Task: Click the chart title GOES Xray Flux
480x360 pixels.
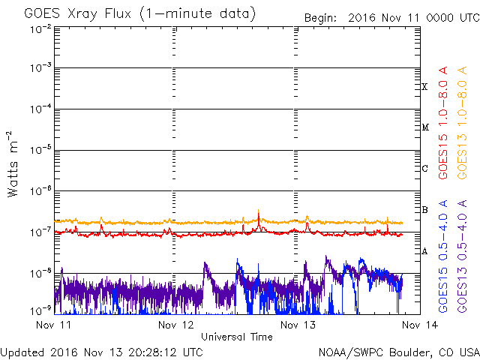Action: click(x=78, y=14)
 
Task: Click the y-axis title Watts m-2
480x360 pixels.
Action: click(x=13, y=164)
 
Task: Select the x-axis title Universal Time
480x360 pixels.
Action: click(x=237, y=337)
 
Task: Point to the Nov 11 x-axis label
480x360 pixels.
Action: click(x=53, y=325)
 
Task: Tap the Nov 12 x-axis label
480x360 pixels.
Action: click(x=175, y=325)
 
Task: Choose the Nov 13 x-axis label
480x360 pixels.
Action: click(x=298, y=325)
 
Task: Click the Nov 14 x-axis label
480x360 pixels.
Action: click(x=420, y=325)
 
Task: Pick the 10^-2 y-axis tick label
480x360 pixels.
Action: click(x=40, y=29)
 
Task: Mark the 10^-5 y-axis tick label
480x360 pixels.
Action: click(x=40, y=150)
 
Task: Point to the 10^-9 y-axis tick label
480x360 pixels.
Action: click(x=40, y=310)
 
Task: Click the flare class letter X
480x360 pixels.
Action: click(x=424, y=87)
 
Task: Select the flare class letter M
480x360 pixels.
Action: click(x=425, y=127)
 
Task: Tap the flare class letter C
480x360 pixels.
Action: click(x=424, y=168)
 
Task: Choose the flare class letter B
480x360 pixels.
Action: click(x=424, y=210)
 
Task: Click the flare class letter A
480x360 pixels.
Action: click(x=424, y=252)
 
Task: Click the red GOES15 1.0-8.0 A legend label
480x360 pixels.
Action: click(x=443, y=123)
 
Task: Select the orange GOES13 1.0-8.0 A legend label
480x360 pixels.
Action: click(x=462, y=123)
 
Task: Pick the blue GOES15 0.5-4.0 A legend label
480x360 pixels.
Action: click(x=443, y=256)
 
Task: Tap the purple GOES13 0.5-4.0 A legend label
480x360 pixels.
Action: click(x=462, y=256)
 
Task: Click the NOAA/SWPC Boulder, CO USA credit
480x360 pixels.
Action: click(x=399, y=352)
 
